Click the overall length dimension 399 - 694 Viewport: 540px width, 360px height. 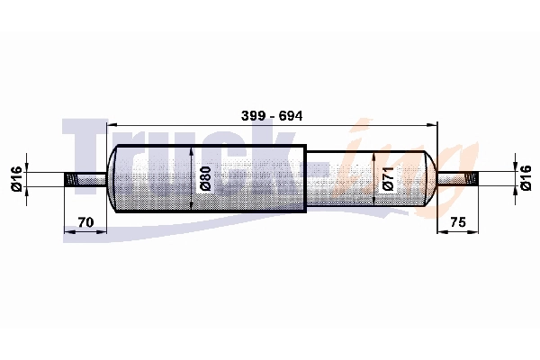pyautogui.click(x=271, y=116)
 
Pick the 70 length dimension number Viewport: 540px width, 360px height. pyautogui.click(x=87, y=220)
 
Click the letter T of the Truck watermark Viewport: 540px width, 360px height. pyautogui.click(x=85, y=148)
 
